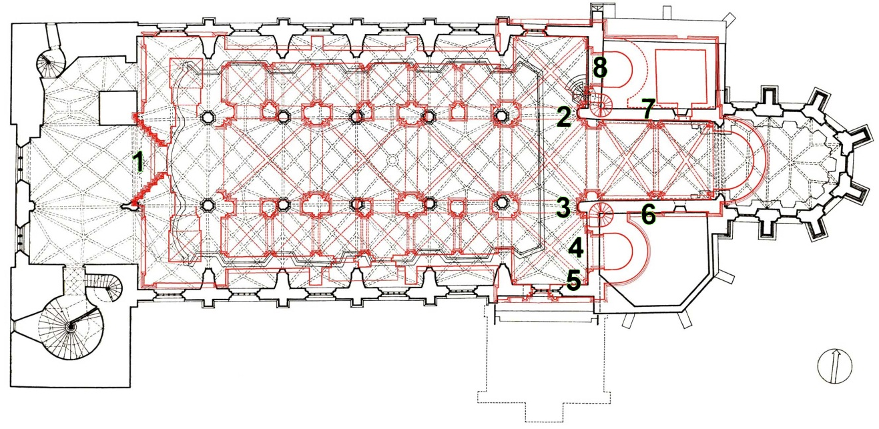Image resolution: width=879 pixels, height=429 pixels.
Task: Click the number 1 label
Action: click(138, 162)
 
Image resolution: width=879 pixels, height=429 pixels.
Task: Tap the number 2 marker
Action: click(564, 117)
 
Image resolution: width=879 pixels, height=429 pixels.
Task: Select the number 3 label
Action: click(563, 207)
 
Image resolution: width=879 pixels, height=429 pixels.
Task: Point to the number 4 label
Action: click(577, 248)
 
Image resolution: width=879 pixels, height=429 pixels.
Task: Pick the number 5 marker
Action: click(573, 280)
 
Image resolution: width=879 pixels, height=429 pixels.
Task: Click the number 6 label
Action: click(648, 215)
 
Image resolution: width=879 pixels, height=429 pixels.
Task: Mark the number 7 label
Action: click(648, 108)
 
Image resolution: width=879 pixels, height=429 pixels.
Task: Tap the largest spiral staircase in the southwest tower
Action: click(71, 327)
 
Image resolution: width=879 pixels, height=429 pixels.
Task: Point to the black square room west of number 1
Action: click(117, 108)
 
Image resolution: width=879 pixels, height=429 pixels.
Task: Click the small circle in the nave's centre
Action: click(392, 160)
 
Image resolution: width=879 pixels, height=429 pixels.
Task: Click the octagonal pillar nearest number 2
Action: click(501, 116)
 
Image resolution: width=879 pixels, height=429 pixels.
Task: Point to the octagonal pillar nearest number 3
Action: click(501, 203)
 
